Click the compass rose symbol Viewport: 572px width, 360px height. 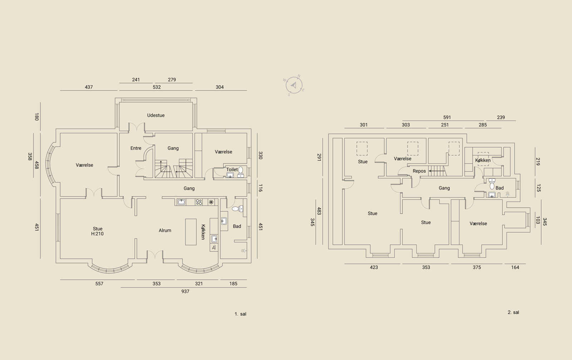tap(294, 85)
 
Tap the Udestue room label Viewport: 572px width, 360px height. tap(156, 115)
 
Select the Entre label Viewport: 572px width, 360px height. tap(136, 148)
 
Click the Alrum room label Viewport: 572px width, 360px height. tap(165, 230)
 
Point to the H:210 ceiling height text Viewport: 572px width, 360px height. tap(97, 234)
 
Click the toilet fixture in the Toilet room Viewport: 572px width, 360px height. tap(241, 172)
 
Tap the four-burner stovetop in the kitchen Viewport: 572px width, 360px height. tap(199, 202)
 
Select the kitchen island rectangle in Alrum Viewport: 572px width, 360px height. tap(191, 232)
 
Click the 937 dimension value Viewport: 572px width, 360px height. tap(186, 291)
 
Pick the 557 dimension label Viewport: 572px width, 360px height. tap(99, 283)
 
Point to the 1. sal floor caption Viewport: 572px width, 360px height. tap(241, 314)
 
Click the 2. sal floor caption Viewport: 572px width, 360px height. tap(513, 312)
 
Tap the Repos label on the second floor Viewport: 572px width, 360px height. tap(419, 171)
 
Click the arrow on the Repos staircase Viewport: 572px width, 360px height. tap(437, 171)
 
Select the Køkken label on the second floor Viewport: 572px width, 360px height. tap(483, 161)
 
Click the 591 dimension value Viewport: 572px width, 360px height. tap(447, 118)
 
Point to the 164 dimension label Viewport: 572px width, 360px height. tap(515, 267)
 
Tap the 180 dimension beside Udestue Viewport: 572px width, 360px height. tap(36, 117)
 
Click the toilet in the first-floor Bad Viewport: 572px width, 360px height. tap(237, 209)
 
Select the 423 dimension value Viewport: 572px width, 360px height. tap(374, 267)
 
